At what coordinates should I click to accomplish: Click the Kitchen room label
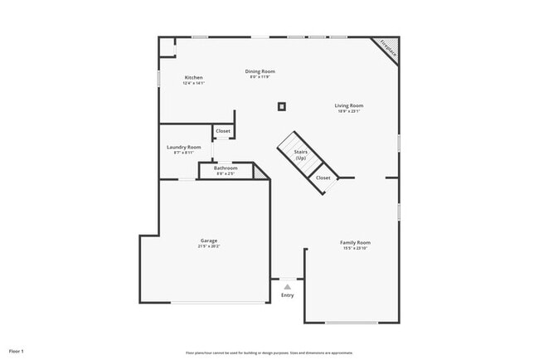point(193,78)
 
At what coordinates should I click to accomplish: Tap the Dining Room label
point(260,71)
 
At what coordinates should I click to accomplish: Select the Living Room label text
point(349,105)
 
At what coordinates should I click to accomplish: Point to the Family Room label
point(355,242)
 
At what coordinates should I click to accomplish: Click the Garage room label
point(208,241)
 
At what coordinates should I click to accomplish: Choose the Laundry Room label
point(183,147)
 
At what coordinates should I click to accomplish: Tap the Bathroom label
point(226,168)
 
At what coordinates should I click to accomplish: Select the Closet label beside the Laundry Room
point(223,131)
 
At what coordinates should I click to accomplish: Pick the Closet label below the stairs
point(323,178)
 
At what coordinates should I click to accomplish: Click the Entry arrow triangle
point(288,286)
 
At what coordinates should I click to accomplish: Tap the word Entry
point(288,295)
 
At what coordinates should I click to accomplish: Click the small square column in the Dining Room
point(282,106)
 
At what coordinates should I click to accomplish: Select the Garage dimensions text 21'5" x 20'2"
point(208,246)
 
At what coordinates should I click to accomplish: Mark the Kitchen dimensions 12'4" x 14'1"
point(193,83)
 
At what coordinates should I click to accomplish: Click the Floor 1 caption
point(17,351)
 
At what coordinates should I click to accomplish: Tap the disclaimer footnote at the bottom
point(269,351)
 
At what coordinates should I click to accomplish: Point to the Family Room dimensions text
point(355,248)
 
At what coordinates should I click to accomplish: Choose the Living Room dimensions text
point(349,111)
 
